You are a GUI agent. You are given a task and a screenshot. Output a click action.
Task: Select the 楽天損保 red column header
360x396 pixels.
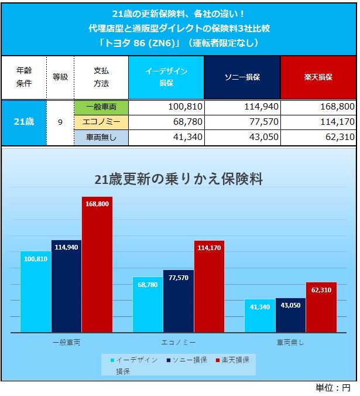click(318, 77)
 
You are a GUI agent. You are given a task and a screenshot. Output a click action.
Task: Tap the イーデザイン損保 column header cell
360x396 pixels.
click(166, 77)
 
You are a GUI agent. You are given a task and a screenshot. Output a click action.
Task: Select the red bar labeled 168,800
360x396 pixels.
click(97, 264)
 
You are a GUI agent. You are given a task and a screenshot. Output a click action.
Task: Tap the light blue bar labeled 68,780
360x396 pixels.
click(148, 305)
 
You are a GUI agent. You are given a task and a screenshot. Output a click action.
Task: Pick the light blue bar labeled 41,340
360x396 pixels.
click(259, 316)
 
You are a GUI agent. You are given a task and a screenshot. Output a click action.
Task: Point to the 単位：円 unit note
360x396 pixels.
click(333, 388)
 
